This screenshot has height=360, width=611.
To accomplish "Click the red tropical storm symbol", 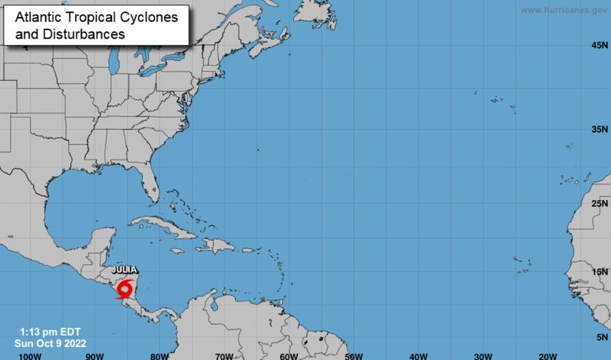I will [126, 290].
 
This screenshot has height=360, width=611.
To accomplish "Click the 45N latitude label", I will [599, 46].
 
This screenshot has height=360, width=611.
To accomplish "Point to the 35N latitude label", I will [599, 129].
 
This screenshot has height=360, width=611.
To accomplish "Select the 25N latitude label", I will [599, 204].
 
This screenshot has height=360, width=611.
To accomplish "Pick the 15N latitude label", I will [599, 272].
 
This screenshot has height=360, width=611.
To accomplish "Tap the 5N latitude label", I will [602, 336].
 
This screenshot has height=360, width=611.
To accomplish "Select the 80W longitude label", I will [159, 355].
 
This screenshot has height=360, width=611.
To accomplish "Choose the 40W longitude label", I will [418, 355].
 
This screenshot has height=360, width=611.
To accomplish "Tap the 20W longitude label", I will [547, 355].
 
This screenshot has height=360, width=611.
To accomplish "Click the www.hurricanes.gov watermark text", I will [564, 10].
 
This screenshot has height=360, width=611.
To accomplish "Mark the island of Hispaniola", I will [215, 246].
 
